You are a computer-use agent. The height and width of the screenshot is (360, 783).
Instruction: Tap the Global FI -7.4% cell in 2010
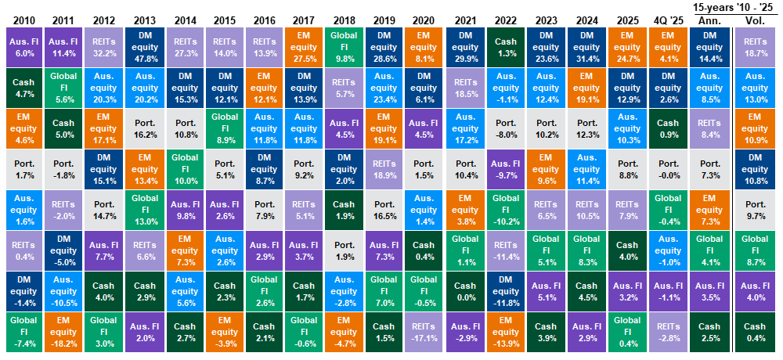[22, 332]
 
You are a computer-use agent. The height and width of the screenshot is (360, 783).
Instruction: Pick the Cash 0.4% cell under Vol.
[754, 332]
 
